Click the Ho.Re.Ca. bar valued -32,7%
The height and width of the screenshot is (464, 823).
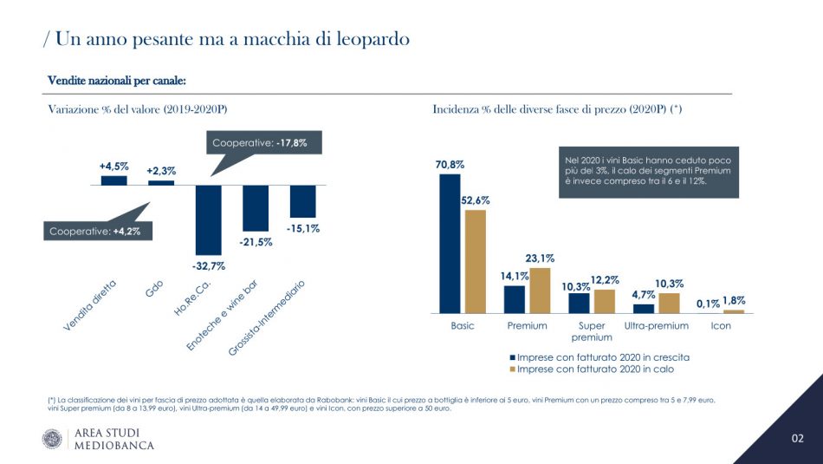209,219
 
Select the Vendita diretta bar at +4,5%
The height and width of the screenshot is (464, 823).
113,180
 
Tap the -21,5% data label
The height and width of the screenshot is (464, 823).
256,242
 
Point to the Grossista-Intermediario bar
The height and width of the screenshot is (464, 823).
302,201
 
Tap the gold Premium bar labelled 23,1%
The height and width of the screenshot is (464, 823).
541,290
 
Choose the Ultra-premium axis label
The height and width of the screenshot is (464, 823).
656,326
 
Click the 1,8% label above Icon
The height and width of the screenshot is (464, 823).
734,300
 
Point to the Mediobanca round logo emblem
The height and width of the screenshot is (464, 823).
52,439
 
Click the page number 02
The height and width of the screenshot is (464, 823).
798,439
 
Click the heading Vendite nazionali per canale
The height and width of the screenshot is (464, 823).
117,81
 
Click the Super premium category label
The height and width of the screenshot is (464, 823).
591,331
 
